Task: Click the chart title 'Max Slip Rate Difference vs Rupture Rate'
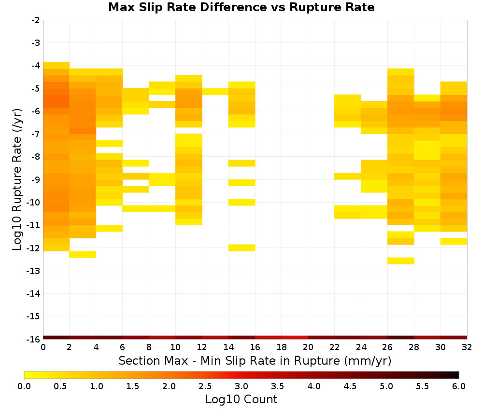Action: tap(241, 7)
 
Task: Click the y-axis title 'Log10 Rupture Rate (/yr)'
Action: tap(17, 179)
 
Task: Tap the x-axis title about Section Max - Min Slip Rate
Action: tap(255, 360)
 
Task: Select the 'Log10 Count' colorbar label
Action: tap(241, 399)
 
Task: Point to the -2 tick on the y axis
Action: tap(36, 20)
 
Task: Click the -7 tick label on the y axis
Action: tap(36, 134)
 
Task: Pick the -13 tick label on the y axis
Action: tap(34, 271)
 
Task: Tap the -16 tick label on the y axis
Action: tap(34, 339)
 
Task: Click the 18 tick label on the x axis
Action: tap(282, 347)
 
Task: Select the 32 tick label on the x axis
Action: tap(467, 347)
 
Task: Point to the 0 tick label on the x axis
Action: tap(43, 347)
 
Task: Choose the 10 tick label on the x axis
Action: tap(176, 347)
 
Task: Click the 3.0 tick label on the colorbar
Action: tap(241, 386)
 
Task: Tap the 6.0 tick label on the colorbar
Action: tap(459, 386)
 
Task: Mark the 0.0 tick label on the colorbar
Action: tap(24, 386)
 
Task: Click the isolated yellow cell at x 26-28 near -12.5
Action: tap(401, 261)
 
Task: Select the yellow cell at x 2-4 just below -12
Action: tap(83, 254)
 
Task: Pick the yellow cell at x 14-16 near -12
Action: tap(242, 247)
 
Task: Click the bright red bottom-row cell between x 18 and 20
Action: tap(295, 338)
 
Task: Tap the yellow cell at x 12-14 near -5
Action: tap(215, 91)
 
